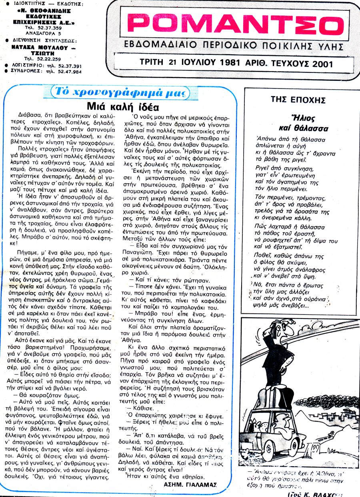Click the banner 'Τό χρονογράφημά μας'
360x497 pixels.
click(x=120, y=93)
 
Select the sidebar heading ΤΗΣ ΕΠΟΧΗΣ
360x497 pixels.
click(x=303, y=100)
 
